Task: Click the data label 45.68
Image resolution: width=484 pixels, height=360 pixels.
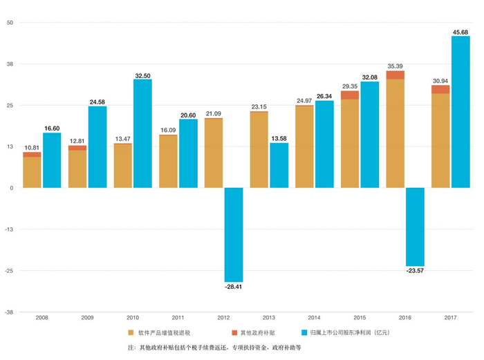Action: (460, 32)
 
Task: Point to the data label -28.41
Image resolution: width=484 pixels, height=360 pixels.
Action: (234, 285)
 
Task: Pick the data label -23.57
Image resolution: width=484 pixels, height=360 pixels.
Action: (415, 272)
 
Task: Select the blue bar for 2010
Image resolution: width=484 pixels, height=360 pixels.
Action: (143, 133)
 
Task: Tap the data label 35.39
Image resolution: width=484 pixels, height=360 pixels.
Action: (395, 66)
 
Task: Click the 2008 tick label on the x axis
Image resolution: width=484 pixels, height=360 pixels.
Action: (41, 319)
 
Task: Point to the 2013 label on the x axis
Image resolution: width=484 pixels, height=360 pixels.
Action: (269, 319)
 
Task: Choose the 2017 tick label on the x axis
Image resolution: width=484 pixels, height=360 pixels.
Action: (451, 319)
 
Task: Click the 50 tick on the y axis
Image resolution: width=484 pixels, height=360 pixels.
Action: (10, 23)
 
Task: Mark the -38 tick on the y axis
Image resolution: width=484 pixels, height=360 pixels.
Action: (10, 312)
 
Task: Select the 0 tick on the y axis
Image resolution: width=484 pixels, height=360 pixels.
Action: (12, 188)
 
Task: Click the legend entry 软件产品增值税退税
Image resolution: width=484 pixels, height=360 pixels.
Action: (166, 332)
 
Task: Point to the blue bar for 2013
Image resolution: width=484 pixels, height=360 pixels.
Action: (279, 165)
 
